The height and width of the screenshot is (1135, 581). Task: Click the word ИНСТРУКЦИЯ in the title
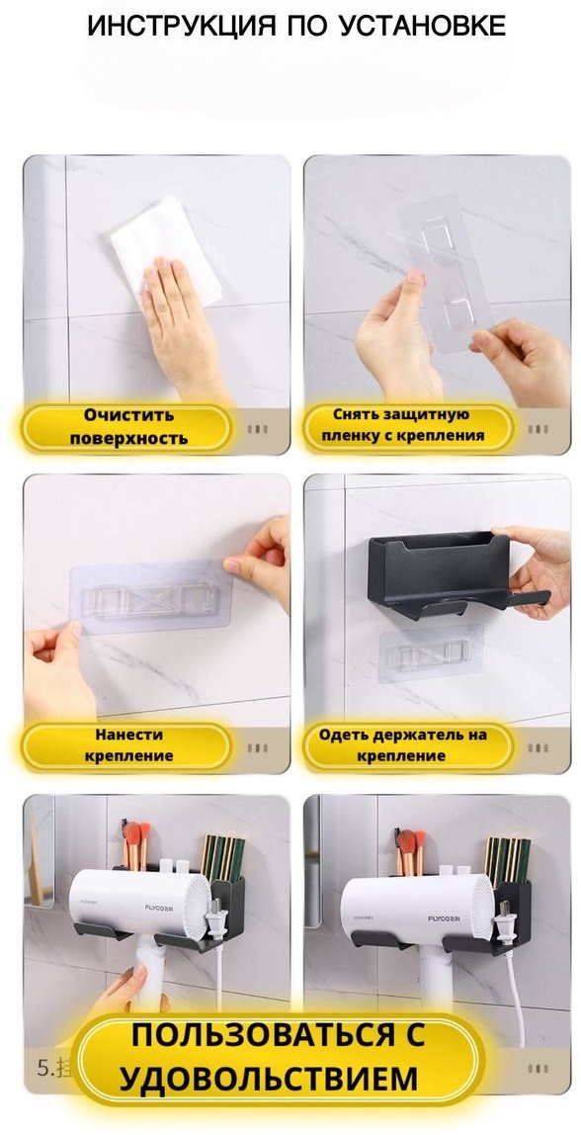(182, 26)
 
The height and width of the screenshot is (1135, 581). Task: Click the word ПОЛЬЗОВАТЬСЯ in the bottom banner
(278, 1034)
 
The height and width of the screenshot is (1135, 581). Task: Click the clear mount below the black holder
(431, 653)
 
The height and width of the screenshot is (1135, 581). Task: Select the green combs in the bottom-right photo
(507, 860)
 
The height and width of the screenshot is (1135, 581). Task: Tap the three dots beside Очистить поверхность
(258, 429)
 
